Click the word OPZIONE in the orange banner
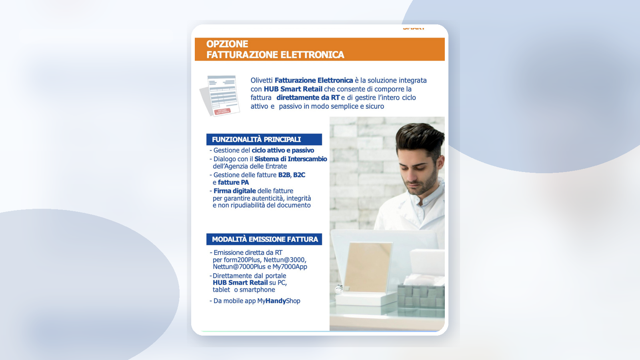pyautogui.click(x=227, y=44)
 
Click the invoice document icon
pyautogui.click(x=220, y=96)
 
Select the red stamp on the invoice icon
pyautogui.click(x=222, y=111)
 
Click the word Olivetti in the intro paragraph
pyautogui.click(x=262, y=80)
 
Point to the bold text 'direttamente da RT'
pyautogui.click(x=308, y=98)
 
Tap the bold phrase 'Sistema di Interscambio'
pyautogui.click(x=290, y=159)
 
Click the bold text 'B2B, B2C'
pyautogui.click(x=292, y=175)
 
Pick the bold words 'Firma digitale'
pyautogui.click(x=234, y=191)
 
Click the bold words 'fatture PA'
pyautogui.click(x=233, y=182)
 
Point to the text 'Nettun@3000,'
pyautogui.click(x=285, y=260)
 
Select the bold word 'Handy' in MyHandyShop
pyautogui.click(x=276, y=301)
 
